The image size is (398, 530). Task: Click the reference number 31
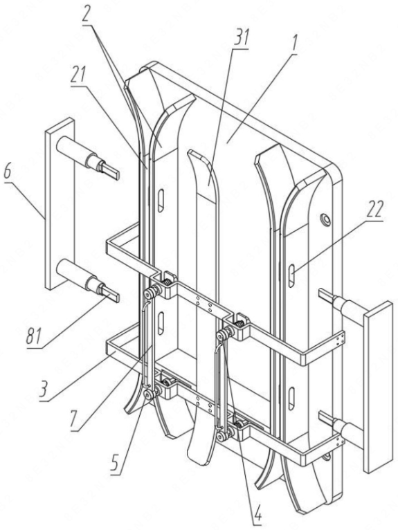[x=241, y=38]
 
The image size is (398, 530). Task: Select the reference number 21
[x=78, y=75]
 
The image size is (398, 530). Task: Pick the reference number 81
[x=34, y=337]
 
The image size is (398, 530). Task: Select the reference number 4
[x=257, y=515]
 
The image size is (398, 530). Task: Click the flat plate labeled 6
[x=60, y=203]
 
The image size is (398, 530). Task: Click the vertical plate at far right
[x=378, y=353]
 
